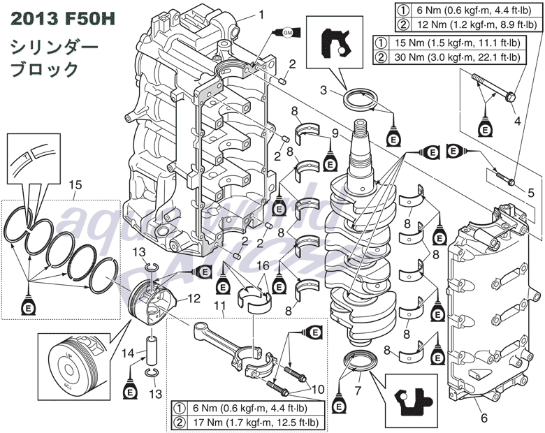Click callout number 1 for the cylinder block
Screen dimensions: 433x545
(261, 13)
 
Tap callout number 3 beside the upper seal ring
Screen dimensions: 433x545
(324, 89)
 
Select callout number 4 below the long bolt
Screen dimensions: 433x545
(518, 120)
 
